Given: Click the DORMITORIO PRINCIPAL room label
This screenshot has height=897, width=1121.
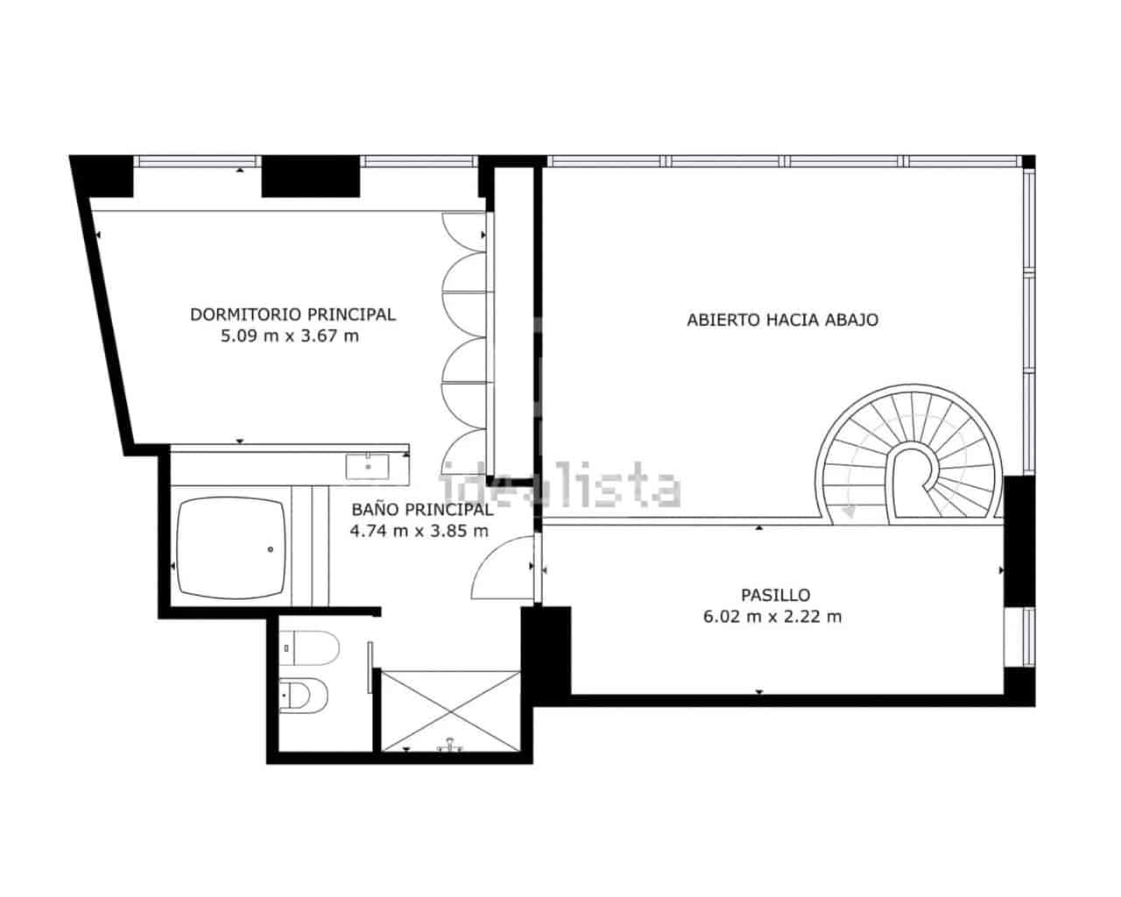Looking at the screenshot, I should point(293,314).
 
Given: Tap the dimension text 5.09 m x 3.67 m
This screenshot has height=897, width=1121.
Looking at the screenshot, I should point(290,335).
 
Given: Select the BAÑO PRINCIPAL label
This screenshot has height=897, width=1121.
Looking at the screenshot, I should point(421,509).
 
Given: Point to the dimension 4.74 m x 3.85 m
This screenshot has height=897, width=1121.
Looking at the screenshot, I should point(419,531).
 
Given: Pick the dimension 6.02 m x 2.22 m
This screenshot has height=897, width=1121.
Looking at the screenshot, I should point(772,617).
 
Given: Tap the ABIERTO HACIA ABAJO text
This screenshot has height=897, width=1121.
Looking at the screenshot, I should point(782,320).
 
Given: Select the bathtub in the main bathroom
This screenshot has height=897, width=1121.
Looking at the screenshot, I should point(231,550).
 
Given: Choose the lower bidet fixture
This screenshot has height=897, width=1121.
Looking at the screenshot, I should point(306,696).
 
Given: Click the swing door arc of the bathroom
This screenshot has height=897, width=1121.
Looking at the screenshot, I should point(501,570).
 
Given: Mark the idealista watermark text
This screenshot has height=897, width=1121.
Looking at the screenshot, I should point(560,487).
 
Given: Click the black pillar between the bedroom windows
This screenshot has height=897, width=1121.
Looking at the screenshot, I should point(311,175).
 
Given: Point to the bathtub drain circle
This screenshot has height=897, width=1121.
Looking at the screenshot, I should point(271,550).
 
